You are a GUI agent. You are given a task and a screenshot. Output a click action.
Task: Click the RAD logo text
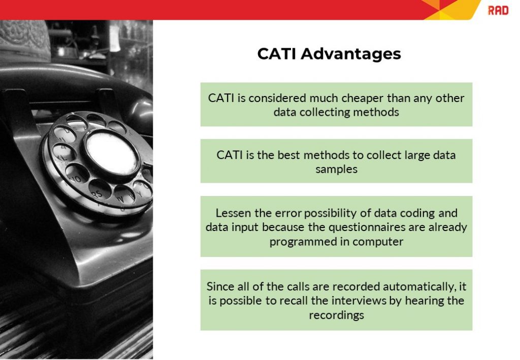click(498, 10)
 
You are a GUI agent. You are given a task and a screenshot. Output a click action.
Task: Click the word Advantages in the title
click(351, 54)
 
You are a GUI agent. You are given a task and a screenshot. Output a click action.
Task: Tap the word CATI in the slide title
click(277, 54)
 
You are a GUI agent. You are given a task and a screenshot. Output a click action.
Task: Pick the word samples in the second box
click(336, 169)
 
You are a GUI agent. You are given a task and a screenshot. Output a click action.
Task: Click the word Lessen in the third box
click(233, 213)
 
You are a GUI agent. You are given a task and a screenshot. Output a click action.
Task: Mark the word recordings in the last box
click(336, 315)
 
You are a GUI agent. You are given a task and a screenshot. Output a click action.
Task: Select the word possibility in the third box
click(315, 213)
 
